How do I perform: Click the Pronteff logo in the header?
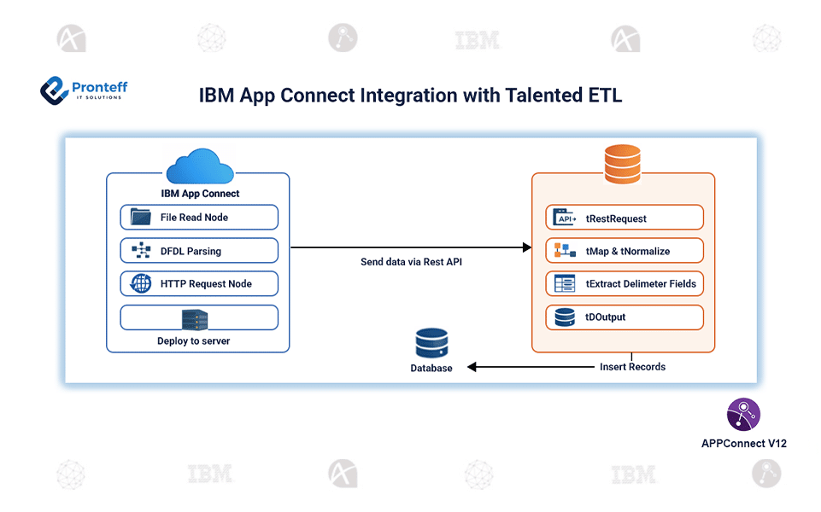point(83,90)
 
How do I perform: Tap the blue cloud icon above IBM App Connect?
point(200,166)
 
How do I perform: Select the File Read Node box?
point(199,218)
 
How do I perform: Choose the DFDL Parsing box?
point(199,251)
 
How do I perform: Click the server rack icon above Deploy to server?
point(195,319)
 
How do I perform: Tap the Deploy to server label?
point(193,341)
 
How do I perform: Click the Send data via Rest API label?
point(411,262)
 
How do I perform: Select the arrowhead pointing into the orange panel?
point(525,247)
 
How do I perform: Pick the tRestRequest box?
point(624,218)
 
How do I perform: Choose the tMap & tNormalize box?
point(624,251)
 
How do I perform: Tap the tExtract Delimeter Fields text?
point(641,284)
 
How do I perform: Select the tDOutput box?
point(624,317)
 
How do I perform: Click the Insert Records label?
point(632,367)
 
